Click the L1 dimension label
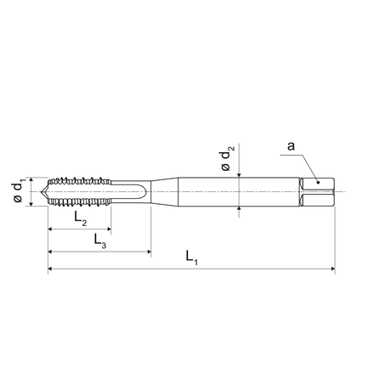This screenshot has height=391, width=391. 191,258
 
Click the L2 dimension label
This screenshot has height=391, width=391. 81,218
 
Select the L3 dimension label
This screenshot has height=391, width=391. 100,241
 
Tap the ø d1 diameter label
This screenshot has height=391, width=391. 19,192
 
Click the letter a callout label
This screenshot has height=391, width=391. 291,146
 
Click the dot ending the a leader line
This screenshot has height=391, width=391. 319,182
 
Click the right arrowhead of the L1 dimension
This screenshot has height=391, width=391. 333,269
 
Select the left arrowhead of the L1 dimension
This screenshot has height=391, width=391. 50,269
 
